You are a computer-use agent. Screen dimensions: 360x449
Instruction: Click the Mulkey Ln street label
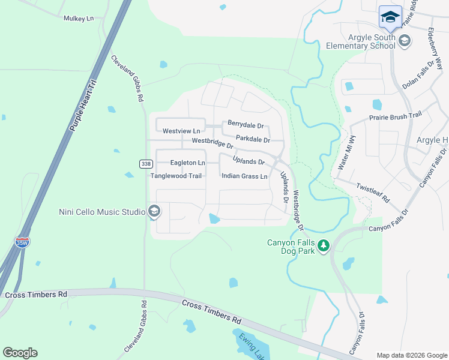pyautogui.click(x=79, y=19)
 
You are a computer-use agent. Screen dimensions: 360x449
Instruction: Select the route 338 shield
pyautogui.click(x=145, y=164)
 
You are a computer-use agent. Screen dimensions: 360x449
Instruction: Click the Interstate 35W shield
pyautogui.click(x=22, y=242)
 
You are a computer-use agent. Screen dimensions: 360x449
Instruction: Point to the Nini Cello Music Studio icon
pyautogui.click(x=154, y=211)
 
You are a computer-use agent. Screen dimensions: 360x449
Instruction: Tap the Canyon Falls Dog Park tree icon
pyautogui.click(x=324, y=245)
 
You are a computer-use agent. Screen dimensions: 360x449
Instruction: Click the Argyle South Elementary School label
pyautogui.click(x=361, y=41)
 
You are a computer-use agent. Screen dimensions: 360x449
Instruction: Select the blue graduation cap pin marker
pyautogui.click(x=390, y=17)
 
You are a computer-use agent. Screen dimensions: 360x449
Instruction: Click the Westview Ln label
pyautogui.click(x=181, y=130)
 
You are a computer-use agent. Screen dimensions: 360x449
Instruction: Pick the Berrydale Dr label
pyautogui.click(x=246, y=125)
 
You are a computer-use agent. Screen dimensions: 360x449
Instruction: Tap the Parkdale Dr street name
pyautogui.click(x=253, y=139)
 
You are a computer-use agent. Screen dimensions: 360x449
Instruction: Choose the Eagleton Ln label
pyautogui.click(x=187, y=163)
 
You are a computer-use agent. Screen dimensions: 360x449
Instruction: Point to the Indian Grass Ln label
pyautogui.click(x=244, y=176)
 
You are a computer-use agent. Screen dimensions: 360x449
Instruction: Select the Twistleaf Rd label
pyautogui.click(x=373, y=192)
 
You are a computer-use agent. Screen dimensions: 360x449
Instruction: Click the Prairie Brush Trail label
pyautogui.click(x=391, y=118)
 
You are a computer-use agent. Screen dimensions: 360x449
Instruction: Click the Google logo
pyautogui.click(x=20, y=353)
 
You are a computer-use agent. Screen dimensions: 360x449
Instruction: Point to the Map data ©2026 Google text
pyautogui.click(x=411, y=355)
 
